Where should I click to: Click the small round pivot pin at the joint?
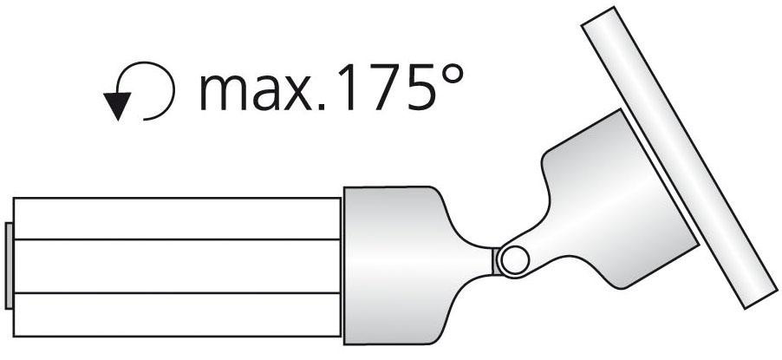coord(513,258)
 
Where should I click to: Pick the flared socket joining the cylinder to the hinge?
coord(399,260)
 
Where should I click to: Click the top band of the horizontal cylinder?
coord(178,218)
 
